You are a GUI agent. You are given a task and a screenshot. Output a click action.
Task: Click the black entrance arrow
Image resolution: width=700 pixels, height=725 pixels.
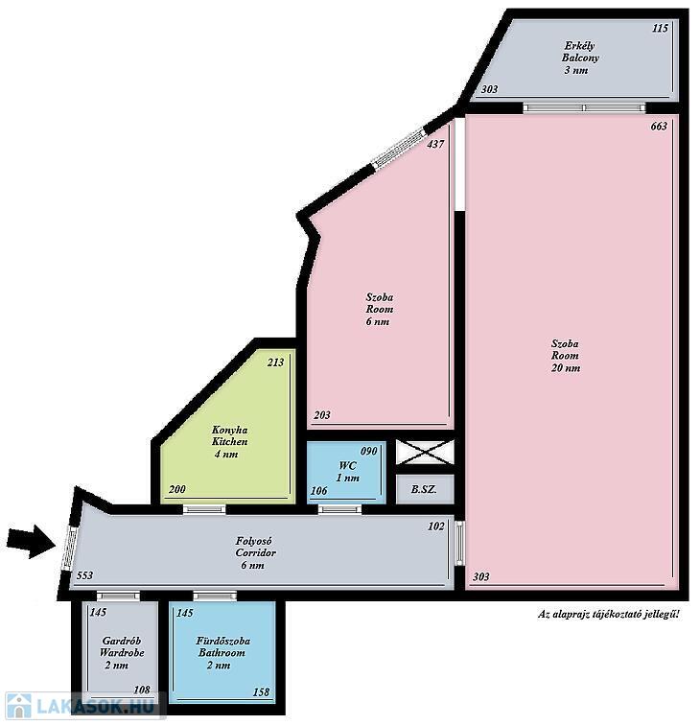pyautogui.click(x=32, y=542)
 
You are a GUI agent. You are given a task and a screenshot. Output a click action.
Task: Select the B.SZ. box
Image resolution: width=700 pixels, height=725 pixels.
pyautogui.click(x=425, y=489)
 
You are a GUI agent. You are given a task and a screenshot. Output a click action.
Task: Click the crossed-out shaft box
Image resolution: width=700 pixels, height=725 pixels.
pyautogui.click(x=425, y=452)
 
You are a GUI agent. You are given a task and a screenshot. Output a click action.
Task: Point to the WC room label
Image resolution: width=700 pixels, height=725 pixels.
pyautogui.click(x=347, y=472)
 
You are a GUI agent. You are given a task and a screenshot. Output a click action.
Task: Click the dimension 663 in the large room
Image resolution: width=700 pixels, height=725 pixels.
pyautogui.click(x=659, y=127)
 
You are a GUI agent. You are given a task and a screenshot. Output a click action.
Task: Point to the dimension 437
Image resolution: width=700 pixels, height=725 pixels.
pyautogui.click(x=435, y=144)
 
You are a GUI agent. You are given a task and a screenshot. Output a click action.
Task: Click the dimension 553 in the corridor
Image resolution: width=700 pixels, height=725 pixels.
pyautogui.click(x=84, y=575)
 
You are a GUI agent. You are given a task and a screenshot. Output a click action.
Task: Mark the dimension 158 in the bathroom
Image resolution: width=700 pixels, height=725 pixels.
pyautogui.click(x=261, y=691)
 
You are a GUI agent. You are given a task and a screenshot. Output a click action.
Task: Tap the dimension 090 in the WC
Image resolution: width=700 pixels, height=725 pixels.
pyautogui.click(x=368, y=451)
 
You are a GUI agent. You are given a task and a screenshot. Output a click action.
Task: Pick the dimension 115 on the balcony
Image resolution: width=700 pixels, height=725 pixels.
pyautogui.click(x=660, y=28)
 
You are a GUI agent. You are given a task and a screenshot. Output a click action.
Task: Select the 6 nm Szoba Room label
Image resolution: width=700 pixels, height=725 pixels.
pyautogui.click(x=379, y=310)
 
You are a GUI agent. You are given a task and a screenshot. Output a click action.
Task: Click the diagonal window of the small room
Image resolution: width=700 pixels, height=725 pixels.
pyautogui.click(x=399, y=148)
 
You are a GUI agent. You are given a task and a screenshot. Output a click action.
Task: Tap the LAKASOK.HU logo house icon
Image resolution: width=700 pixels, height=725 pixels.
pyautogui.click(x=18, y=707)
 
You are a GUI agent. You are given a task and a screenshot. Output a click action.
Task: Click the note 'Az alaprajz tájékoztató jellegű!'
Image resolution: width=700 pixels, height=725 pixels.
pyautogui.click(x=609, y=615)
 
